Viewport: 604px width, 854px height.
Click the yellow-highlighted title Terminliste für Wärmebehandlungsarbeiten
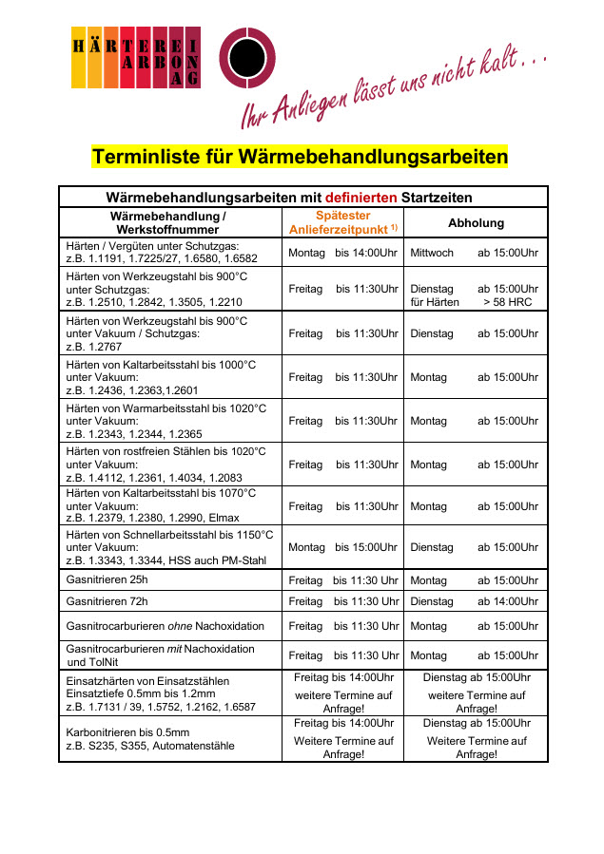coord(300,156)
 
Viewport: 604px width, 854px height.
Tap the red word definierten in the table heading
coord(361,198)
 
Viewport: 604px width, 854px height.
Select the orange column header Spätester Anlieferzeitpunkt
coord(342,222)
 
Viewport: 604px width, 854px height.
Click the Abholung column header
coord(476,222)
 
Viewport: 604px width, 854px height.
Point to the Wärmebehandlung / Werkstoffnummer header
coord(170,222)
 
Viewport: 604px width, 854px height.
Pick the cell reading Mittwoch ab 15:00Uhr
coord(475,253)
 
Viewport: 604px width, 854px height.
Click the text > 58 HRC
coord(507,302)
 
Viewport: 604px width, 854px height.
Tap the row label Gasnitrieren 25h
coord(107,579)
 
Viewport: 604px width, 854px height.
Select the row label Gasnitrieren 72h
coord(107,601)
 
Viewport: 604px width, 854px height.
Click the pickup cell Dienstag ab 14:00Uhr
coord(475,601)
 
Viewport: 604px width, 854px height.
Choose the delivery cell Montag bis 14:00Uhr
coord(342,253)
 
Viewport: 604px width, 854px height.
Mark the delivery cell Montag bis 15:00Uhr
coord(342,547)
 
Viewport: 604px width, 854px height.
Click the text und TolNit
coord(90,662)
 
